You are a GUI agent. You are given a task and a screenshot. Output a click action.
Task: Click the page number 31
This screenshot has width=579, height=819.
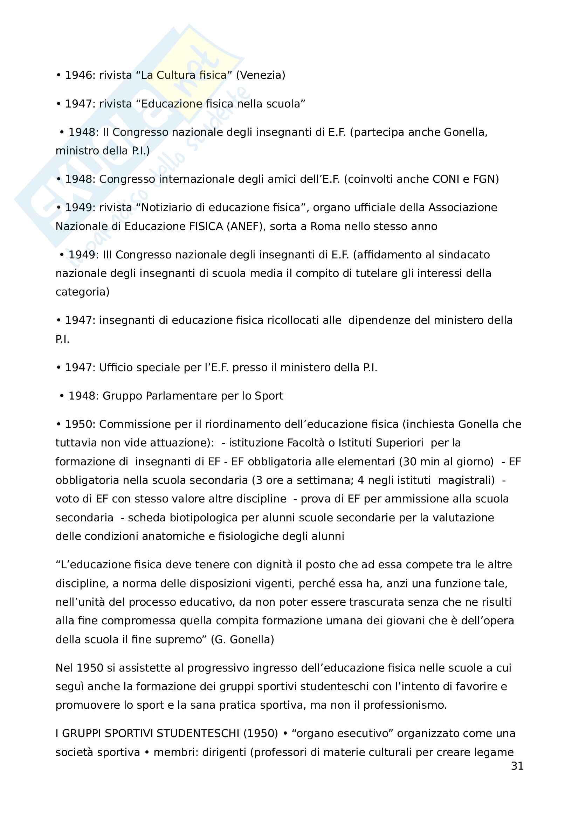coord(517,766)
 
